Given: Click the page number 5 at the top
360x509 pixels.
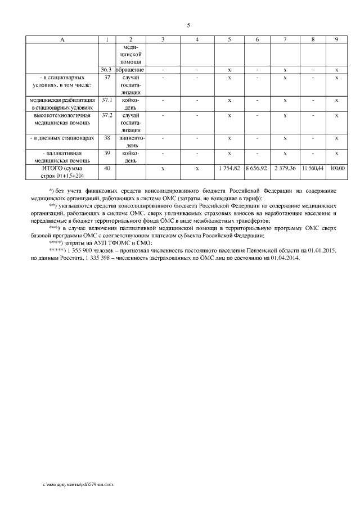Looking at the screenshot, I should tap(188, 25).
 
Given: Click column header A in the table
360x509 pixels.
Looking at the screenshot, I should tap(61, 39).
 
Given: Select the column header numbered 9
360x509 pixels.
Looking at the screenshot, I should tap(336, 39).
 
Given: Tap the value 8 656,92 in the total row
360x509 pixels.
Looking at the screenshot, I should tap(256, 168).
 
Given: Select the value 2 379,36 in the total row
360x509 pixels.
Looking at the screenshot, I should tap(285, 168).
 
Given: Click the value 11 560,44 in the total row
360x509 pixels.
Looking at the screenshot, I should tap(312, 168).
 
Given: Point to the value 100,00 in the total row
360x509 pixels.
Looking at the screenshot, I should tap(337, 168).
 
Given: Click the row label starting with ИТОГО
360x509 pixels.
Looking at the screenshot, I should tap(61, 172).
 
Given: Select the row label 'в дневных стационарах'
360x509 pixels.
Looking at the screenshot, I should tap(61, 137).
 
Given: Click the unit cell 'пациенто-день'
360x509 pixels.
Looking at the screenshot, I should tap(130, 141).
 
